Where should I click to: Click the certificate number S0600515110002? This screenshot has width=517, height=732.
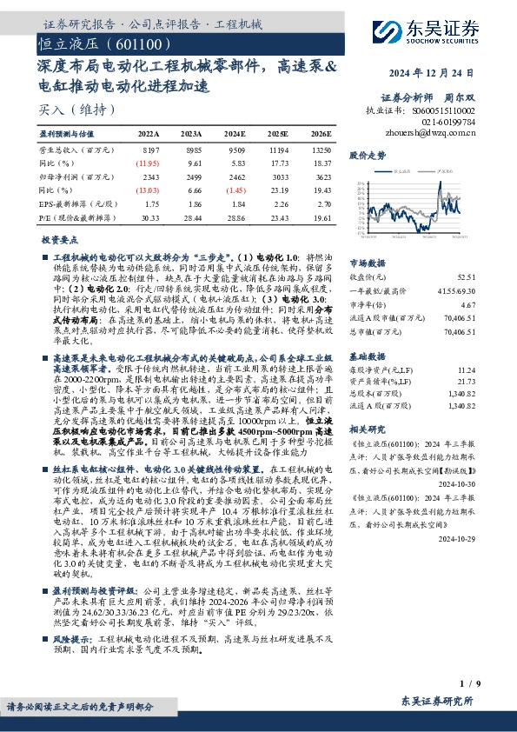point(444,111)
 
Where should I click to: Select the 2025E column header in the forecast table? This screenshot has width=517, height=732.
point(277,135)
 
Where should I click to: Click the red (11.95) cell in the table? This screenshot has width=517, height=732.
point(148,163)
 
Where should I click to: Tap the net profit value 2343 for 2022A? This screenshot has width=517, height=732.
point(149,176)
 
